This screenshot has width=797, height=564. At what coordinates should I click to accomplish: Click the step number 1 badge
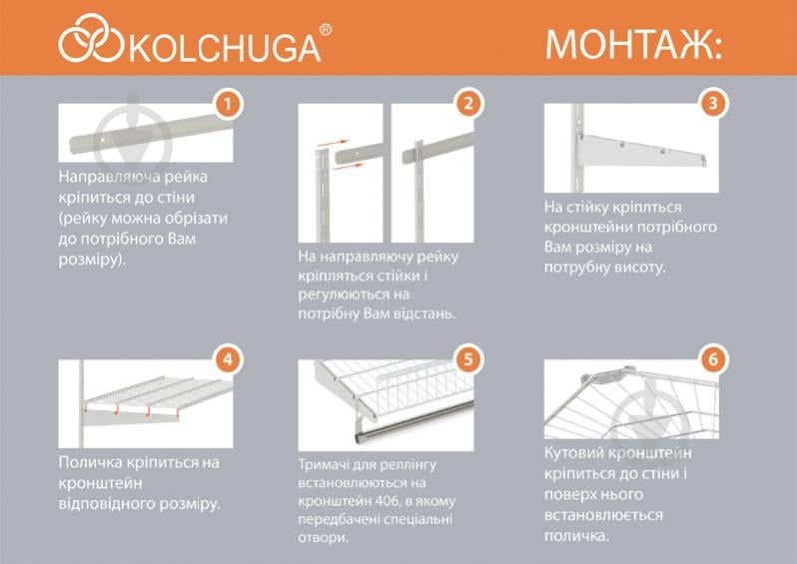click(228, 103)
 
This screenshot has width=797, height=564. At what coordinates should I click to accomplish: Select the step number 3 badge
click(712, 103)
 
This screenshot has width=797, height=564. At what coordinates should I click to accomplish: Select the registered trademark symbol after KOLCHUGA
click(326, 31)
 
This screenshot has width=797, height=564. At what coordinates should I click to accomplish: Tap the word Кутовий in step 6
click(579, 453)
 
